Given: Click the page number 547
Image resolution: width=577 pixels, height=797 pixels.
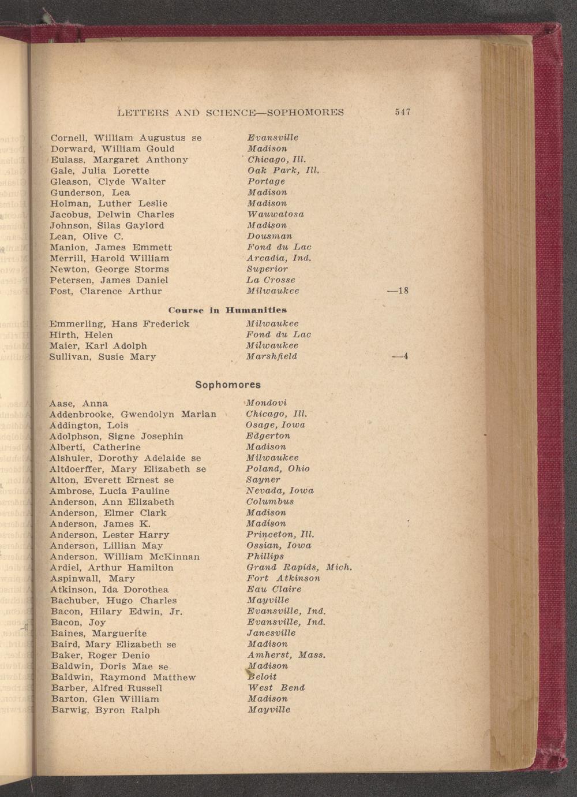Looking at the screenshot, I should point(402,112).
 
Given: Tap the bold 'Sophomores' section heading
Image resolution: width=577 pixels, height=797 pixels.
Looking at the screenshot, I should point(228,385).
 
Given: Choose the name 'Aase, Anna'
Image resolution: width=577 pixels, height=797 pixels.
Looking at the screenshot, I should point(79,403).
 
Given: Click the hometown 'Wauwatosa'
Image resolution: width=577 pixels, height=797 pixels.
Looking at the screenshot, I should point(275,214).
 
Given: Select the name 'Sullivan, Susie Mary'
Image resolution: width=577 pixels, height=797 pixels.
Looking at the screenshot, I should point(103,357).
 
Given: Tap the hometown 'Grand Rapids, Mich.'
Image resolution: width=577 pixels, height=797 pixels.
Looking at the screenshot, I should point(299,568).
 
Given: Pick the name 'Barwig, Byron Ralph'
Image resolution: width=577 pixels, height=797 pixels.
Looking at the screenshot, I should point(105,710).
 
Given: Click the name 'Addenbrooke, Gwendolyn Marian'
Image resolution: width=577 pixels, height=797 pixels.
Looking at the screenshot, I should point(133,414).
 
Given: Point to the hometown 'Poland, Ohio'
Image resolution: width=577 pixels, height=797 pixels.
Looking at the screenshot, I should point(278,468).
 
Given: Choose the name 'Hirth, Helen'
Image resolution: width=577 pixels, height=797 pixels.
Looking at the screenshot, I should point(81,335).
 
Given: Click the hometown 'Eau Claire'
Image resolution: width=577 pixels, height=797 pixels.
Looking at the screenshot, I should point(273,589).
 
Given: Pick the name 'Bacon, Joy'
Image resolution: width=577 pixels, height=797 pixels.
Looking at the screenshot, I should point(78,623).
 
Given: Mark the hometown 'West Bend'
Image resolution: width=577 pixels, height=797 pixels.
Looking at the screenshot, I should point(276,688).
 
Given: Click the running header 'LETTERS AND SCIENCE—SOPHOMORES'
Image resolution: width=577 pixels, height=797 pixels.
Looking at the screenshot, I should point(230,112).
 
